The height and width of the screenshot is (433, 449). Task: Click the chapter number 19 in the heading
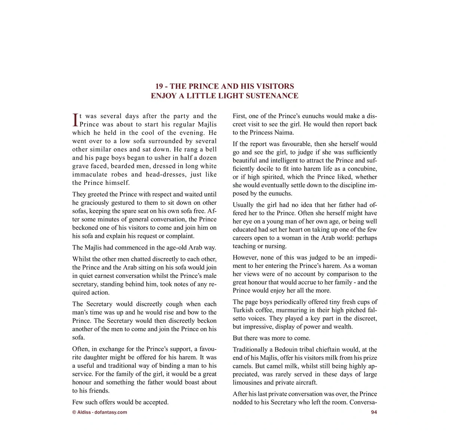pyautogui.click(x=159, y=86)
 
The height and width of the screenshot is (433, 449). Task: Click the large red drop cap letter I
pyautogui.click(x=75, y=120)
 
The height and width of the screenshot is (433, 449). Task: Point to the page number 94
pyautogui.click(x=374, y=412)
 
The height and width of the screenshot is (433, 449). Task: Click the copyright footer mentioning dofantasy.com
pyautogui.click(x=100, y=412)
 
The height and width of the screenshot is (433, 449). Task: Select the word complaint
pyautogui.click(x=181, y=236)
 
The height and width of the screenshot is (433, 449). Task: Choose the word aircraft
pyautogui.click(x=305, y=383)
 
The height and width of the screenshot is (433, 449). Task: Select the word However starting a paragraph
pyautogui.click(x=245, y=258)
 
